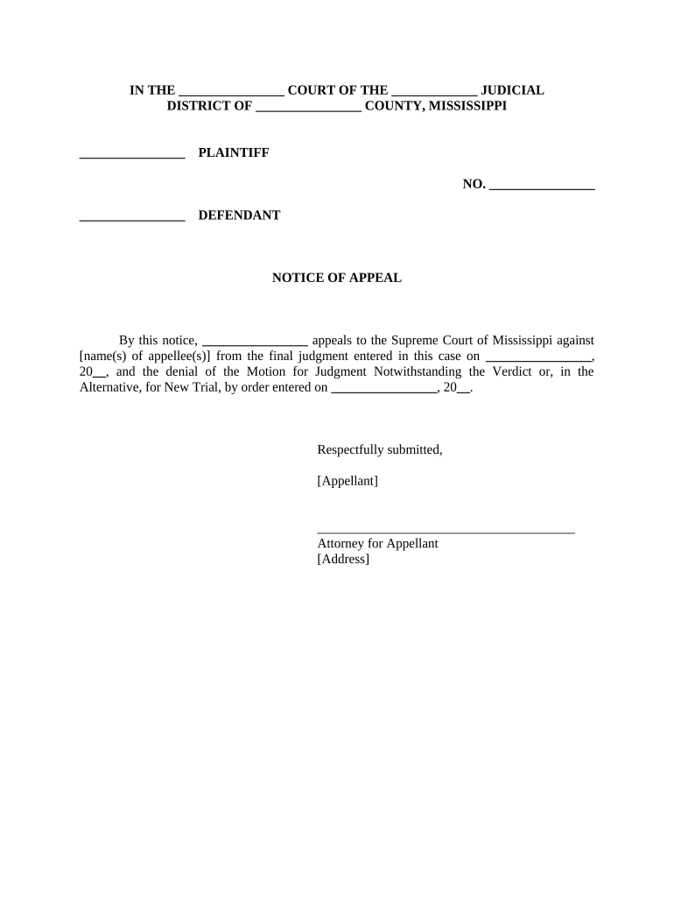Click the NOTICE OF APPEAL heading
336,278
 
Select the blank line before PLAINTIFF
132,156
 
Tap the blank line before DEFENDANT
132,218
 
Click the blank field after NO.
542,187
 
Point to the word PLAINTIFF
234,153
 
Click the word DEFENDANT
239,215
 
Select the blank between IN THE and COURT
231,93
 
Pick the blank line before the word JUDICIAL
434,93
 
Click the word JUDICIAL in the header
513,90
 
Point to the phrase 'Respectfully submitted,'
380,450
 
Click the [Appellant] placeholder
348,481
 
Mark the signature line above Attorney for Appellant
446,531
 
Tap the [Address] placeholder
343,559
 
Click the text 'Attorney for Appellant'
377,543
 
